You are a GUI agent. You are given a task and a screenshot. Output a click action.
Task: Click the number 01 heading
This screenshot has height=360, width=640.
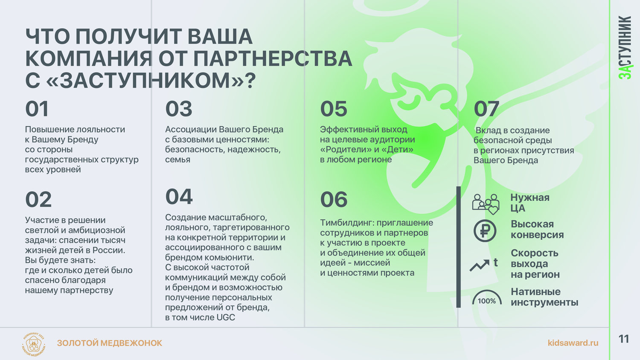coord(37,109)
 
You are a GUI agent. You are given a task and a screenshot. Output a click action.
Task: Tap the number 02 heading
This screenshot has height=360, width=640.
coord(38,200)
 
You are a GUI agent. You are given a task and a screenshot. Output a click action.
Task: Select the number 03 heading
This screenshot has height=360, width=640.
coord(179,109)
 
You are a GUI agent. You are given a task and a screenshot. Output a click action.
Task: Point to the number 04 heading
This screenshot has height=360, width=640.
coord(179,197)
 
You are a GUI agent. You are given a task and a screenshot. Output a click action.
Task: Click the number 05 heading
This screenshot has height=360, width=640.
coord(334,109)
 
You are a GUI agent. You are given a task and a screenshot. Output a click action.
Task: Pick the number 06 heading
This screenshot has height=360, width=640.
coord(334,200)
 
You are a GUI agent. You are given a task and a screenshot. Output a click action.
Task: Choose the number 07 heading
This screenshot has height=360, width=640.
coord(486,109)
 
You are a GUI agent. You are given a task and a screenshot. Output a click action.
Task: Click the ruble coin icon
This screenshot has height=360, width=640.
coord(485,231)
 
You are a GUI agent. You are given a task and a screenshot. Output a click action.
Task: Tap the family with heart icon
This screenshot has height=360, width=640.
coord(486,204)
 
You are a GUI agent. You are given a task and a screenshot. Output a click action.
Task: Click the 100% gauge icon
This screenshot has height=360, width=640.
coord(487,297)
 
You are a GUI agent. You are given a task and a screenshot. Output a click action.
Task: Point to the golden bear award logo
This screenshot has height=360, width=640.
coord(34,344)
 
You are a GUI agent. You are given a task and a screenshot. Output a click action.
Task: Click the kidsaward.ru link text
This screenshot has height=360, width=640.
coord(573,343)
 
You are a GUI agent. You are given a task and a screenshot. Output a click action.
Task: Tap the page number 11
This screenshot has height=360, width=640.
coord(624,339)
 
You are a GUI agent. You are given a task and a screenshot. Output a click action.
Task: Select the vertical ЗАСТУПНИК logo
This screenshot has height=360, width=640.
coord(625,47)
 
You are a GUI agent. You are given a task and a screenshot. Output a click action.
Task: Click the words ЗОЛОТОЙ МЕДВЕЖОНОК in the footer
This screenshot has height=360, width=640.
coord(109,343)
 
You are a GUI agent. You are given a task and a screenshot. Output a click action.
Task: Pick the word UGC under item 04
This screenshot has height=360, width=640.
coord(226,317)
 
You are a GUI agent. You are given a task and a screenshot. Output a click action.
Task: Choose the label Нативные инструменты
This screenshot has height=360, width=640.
coord(544,297)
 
